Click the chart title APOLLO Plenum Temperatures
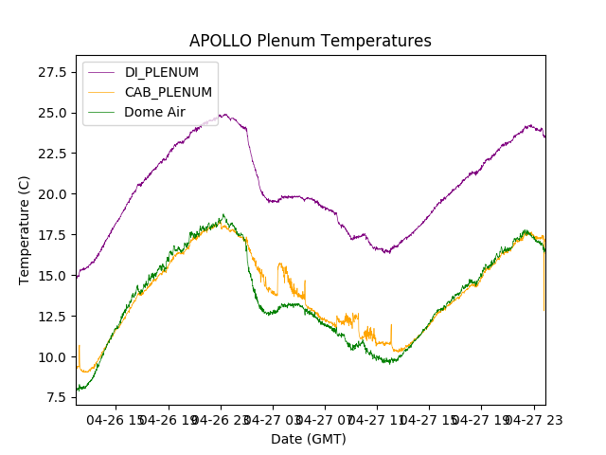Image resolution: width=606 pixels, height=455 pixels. pyautogui.click(x=310, y=41)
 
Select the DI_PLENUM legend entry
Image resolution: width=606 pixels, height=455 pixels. pyautogui.click(x=161, y=72)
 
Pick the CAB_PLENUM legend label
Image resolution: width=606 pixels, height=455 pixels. pyautogui.click(x=168, y=92)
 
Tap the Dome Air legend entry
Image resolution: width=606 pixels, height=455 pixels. pyautogui.click(x=154, y=112)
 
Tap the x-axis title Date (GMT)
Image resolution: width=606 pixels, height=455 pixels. pyautogui.click(x=309, y=439)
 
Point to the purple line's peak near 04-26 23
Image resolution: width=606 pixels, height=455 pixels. pyautogui.click(x=224, y=115)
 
